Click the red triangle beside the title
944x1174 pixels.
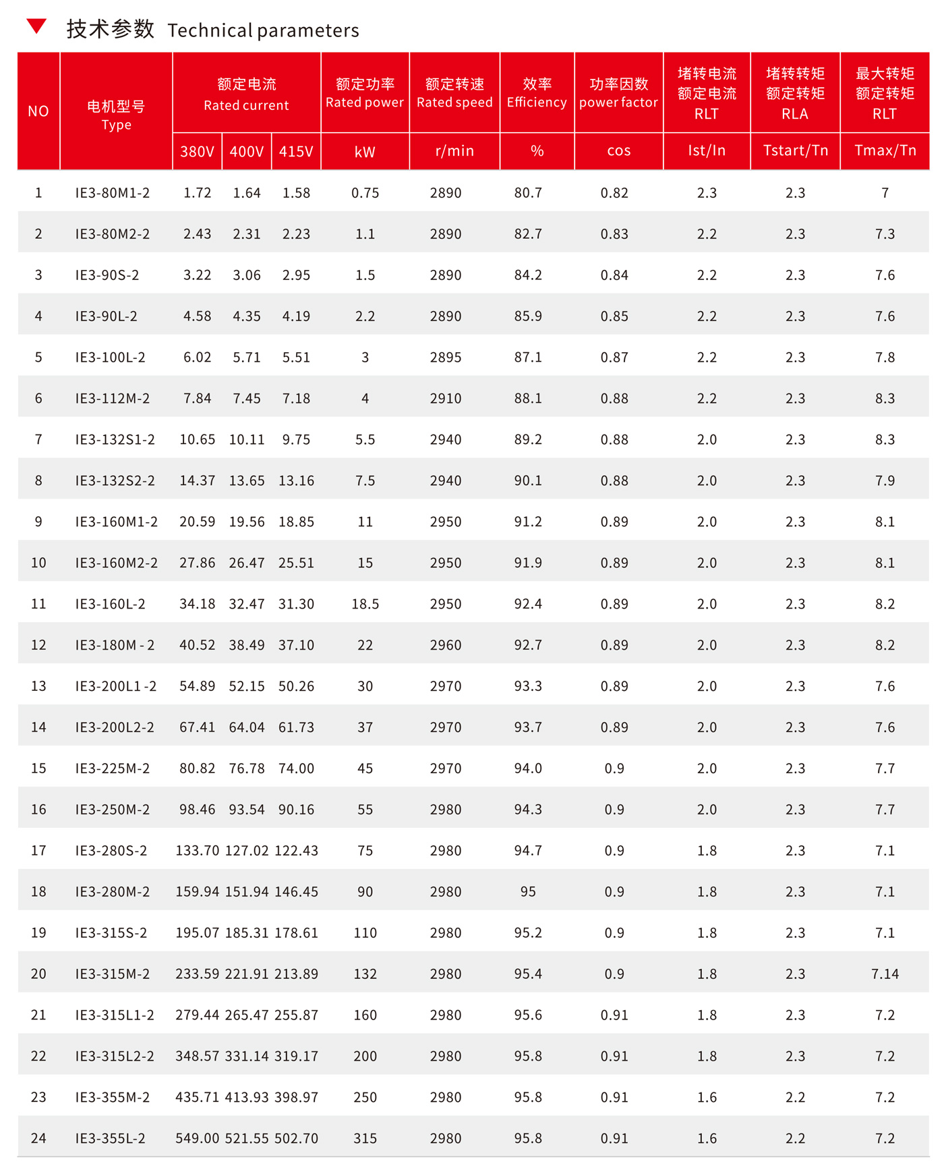(36, 26)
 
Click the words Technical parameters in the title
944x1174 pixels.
(263, 30)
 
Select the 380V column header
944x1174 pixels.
(197, 151)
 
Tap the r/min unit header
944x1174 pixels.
(454, 150)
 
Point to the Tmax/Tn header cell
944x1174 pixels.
(885, 150)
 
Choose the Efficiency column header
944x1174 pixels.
(537, 92)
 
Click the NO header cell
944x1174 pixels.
(38, 111)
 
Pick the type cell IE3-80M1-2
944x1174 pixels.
(113, 193)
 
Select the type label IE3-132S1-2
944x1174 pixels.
(115, 440)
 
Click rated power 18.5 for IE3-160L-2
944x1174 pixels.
(365, 604)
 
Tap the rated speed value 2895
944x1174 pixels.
(446, 358)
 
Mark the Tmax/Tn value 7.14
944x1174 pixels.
(885, 974)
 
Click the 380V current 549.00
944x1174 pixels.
(198, 1138)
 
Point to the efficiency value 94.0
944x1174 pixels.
(528, 768)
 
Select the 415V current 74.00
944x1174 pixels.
(296, 768)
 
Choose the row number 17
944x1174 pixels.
(38, 851)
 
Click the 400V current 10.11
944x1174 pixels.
(247, 440)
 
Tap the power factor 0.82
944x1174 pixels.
(614, 193)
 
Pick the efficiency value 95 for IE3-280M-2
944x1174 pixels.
(528, 892)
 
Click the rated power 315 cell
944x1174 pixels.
(365, 1138)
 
